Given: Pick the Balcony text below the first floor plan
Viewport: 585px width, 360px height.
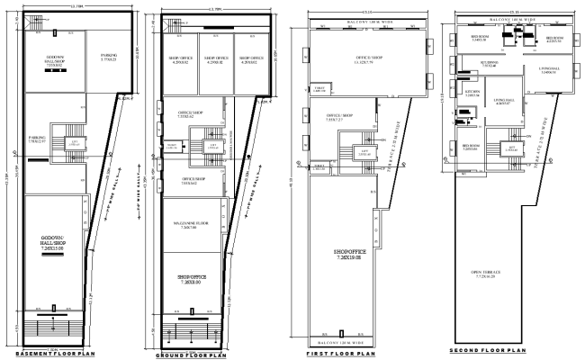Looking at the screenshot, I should click(x=341, y=343).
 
